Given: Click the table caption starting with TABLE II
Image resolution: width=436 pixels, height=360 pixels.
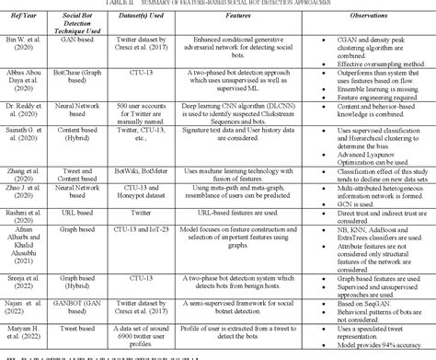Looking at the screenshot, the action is pyautogui.click(x=218, y=4).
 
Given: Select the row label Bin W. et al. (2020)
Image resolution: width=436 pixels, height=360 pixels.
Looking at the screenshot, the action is pyautogui.click(x=25, y=44).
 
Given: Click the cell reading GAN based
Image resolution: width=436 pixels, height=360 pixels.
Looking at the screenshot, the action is pyautogui.click(x=83, y=43).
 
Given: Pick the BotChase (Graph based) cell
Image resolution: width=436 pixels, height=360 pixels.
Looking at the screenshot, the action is pyautogui.click(x=83, y=77).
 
